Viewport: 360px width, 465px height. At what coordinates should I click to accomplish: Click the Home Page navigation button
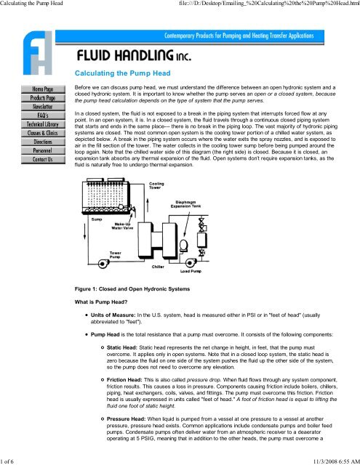coord(43,89)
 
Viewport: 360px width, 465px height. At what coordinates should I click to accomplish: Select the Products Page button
coord(43,98)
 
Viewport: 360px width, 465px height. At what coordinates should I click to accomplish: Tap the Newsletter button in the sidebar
coord(43,107)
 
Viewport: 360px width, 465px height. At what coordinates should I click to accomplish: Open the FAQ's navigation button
coord(43,116)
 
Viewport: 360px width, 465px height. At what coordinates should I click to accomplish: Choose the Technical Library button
coord(43,124)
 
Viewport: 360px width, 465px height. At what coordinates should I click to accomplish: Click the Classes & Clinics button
coord(43,133)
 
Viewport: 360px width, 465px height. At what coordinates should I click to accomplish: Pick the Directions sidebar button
coord(43,142)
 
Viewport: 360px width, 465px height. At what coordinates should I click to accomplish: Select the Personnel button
coord(43,150)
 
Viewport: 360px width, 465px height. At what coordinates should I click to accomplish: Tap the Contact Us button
coord(43,160)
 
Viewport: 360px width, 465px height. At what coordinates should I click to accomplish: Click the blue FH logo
coord(38,53)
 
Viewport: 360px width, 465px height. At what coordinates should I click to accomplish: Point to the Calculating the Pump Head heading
coord(123,73)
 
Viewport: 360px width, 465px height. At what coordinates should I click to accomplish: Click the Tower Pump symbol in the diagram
coord(103,263)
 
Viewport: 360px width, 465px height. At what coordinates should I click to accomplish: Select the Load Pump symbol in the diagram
coord(191,262)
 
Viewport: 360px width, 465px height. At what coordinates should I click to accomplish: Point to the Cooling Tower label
coord(156,186)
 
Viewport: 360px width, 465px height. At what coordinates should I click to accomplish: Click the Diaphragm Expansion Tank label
coord(185,204)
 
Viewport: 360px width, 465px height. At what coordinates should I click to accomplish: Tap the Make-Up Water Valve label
coord(122,226)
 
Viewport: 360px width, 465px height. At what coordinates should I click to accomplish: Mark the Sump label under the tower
coord(97,219)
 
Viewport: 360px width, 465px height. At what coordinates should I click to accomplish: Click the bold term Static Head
coord(122,347)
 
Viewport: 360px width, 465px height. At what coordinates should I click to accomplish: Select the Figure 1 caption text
coord(132,289)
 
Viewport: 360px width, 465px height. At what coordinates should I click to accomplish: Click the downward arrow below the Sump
coord(85,231)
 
